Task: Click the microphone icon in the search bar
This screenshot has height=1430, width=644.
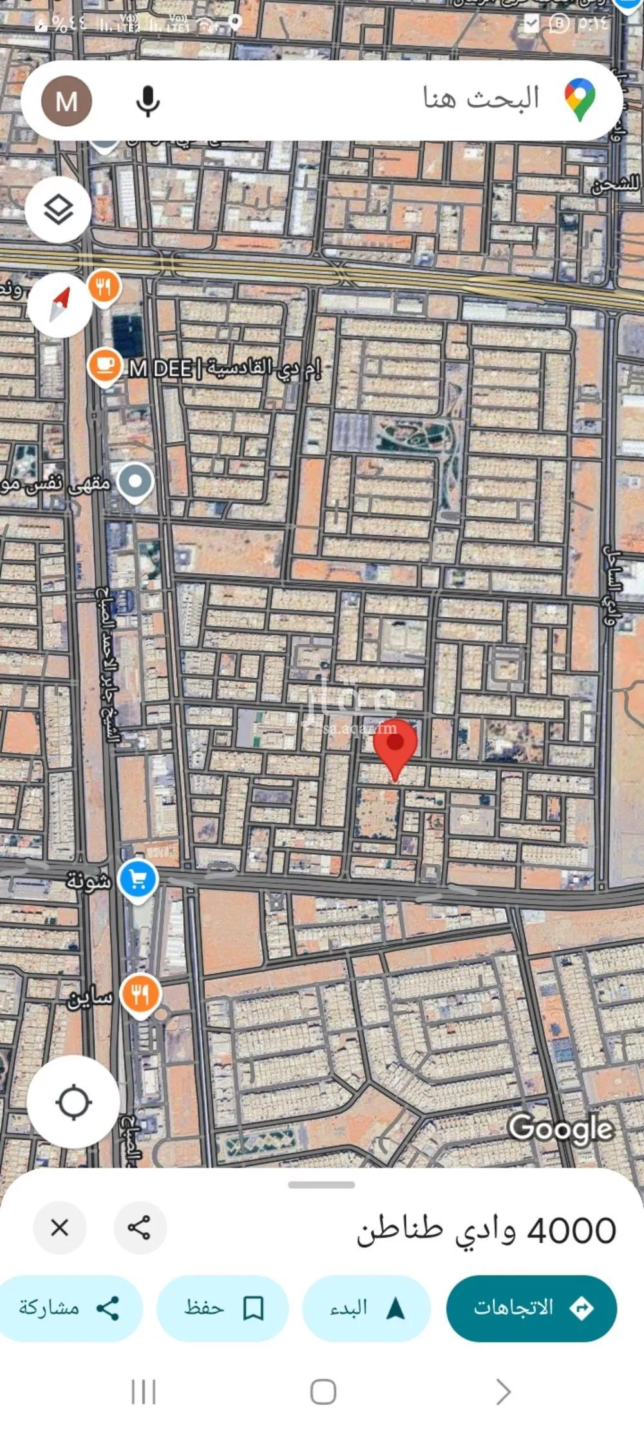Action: coord(147,101)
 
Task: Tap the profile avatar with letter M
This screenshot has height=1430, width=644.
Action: coord(66,101)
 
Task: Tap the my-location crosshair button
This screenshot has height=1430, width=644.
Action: coord(73,1102)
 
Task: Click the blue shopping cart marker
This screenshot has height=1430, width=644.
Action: coord(138,879)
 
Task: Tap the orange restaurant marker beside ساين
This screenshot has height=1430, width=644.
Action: coord(140,994)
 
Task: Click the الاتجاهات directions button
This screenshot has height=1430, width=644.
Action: coord(531,1308)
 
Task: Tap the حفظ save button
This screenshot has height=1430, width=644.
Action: coord(223,1308)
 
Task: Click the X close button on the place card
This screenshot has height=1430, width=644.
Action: coord(60,1228)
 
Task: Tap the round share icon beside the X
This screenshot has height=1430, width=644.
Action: coord(140,1228)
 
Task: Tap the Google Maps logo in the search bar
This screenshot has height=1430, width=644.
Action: coord(580,100)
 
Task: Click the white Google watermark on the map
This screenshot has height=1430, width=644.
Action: coord(560,1128)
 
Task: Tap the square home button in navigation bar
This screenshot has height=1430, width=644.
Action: coord(323,1392)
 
